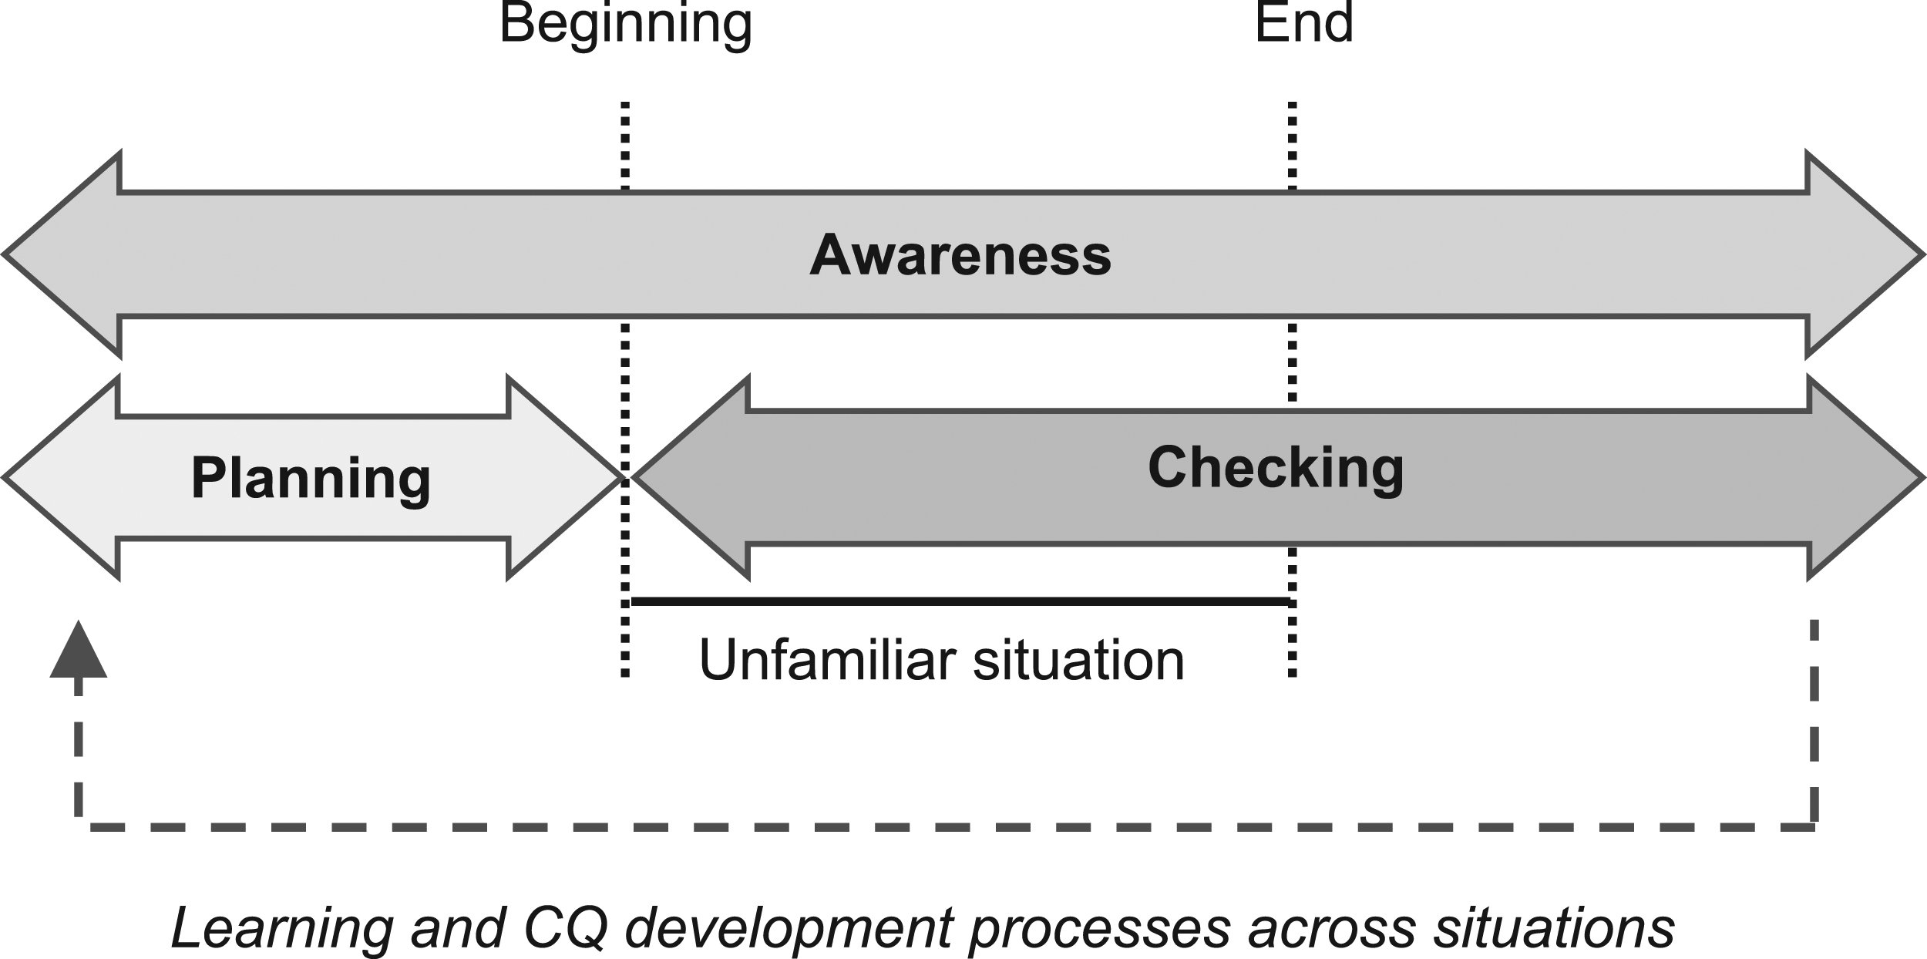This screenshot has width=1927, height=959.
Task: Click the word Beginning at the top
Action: tap(626, 25)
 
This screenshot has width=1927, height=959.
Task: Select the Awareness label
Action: tap(960, 255)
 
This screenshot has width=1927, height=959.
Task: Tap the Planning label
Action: tap(311, 479)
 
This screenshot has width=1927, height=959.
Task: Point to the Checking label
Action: tap(1276, 469)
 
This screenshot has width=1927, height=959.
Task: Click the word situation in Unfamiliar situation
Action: tap(1079, 660)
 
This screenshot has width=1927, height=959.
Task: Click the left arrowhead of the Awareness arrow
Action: tap(62, 254)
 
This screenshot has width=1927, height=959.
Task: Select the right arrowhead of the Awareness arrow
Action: tap(1865, 254)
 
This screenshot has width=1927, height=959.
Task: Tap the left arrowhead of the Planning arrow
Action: tap(62, 478)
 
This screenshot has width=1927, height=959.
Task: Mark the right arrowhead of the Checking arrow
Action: tap(1866, 478)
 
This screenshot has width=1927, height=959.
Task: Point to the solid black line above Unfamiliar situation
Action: tap(960, 601)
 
